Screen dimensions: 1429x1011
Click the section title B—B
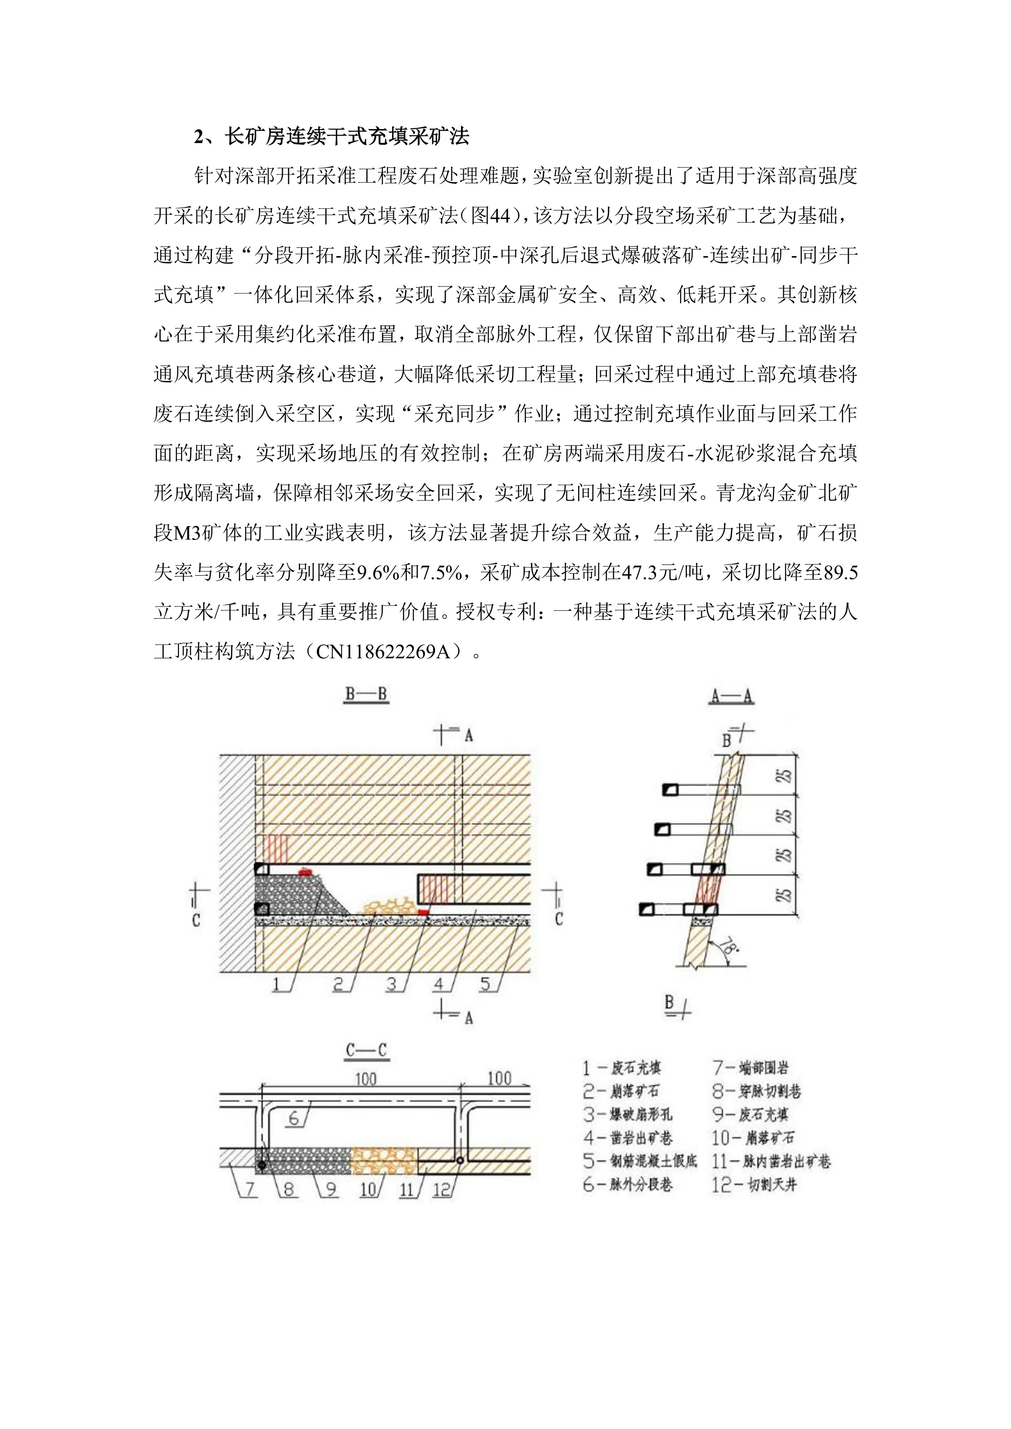pos(366,695)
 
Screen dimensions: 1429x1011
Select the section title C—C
pos(366,1050)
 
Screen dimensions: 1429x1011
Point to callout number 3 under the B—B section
pos(392,984)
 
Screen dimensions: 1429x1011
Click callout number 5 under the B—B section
pos(486,984)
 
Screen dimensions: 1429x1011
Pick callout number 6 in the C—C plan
pos(294,1119)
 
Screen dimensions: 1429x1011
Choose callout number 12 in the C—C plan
pos(441,1189)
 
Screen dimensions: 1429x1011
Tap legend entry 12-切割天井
pos(754,1185)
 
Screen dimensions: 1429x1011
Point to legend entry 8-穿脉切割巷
pos(756,1091)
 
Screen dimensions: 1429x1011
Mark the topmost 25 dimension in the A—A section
pos(786,775)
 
